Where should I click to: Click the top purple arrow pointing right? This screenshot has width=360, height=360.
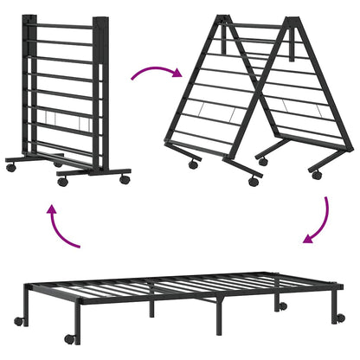tap(156, 70)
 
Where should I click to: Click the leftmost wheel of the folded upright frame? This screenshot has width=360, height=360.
tap(11, 166)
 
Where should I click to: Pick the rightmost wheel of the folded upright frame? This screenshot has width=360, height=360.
tap(125, 179)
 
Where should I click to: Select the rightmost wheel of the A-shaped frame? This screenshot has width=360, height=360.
tap(317, 175)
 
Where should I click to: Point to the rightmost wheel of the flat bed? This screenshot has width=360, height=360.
tap(340, 318)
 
